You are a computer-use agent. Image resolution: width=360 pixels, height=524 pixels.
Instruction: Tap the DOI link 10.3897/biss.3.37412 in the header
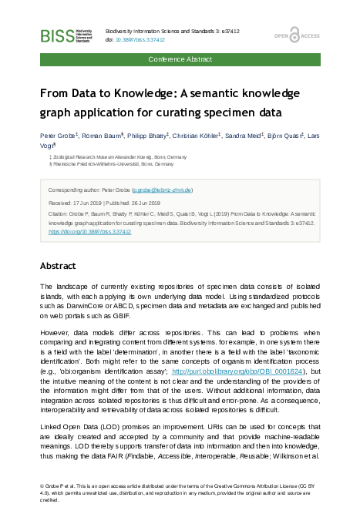pyautogui.click(x=143, y=39)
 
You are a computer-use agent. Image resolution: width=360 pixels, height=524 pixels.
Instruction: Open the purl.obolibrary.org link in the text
pyautogui.click(x=240, y=370)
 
